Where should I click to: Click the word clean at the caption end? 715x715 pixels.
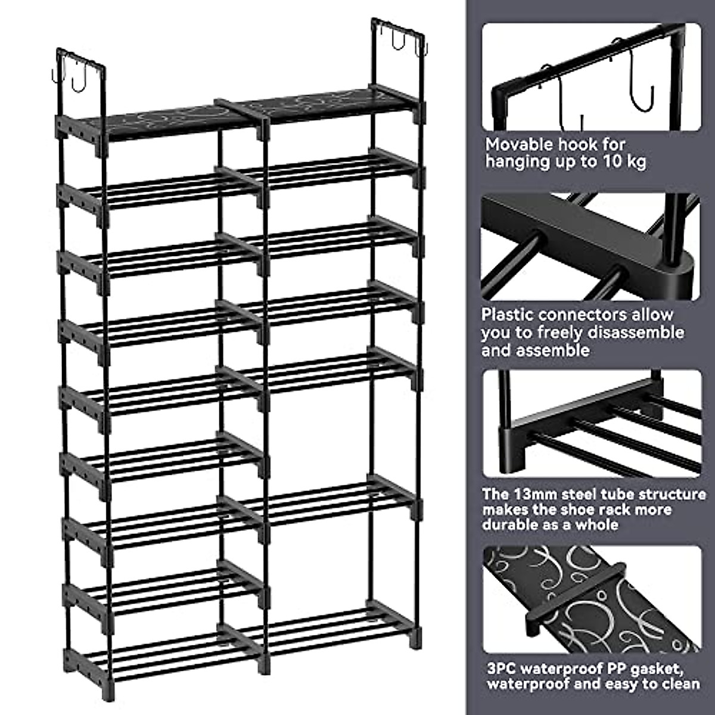(676, 685)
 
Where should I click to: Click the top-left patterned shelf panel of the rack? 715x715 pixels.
(161, 118)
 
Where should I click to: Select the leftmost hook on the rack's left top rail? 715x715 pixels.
(54, 76)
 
